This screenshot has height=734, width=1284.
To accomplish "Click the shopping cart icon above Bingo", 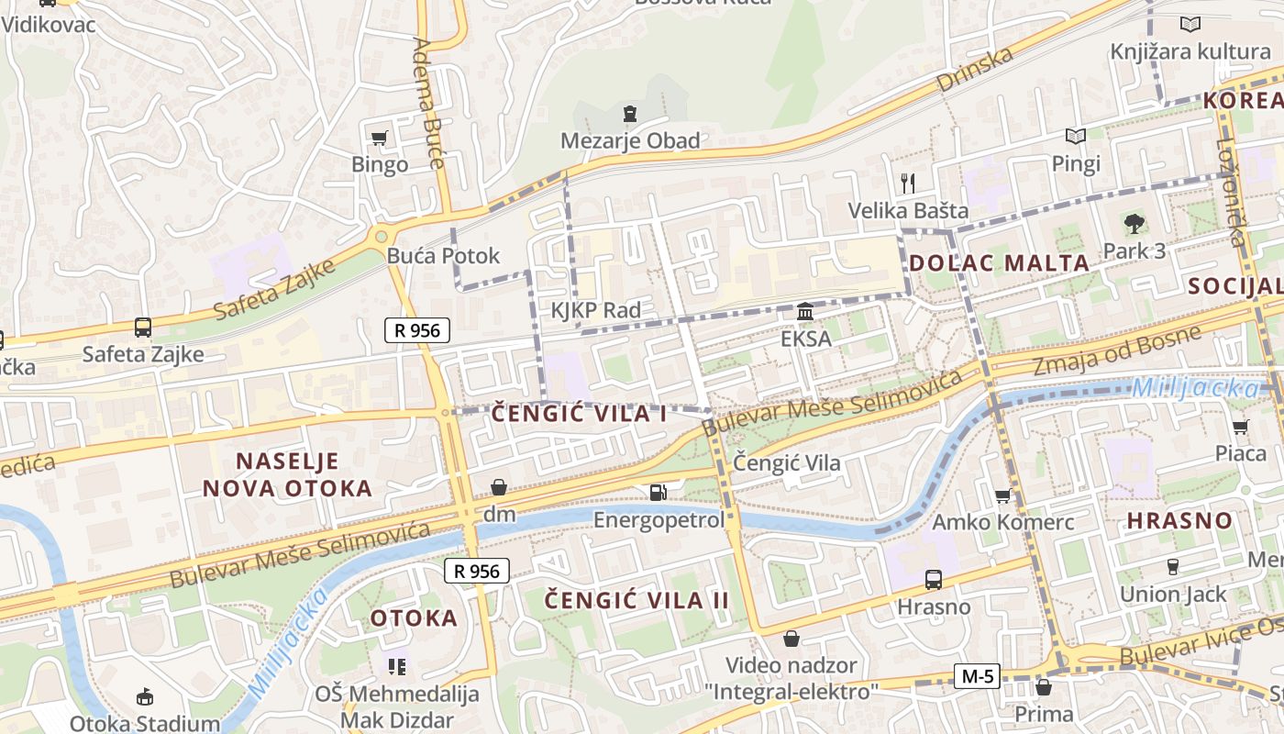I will click(379, 139).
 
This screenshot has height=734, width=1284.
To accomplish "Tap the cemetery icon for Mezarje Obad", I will click(629, 114).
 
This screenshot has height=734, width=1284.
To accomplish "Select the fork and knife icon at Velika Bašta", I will click(908, 183).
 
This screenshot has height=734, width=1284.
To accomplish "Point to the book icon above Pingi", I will click(1076, 137).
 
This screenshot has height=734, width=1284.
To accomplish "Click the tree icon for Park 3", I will click(1135, 222).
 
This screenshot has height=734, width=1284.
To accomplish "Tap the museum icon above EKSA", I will click(805, 312).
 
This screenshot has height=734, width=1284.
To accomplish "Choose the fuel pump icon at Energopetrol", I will click(658, 493).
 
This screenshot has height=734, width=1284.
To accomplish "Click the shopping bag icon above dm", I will click(499, 487).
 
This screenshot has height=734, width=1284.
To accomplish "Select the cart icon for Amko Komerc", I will click(1002, 496).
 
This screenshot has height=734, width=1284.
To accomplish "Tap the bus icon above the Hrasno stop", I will click(934, 580).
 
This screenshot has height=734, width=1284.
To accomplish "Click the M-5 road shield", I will click(977, 677).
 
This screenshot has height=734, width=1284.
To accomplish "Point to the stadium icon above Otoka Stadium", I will click(144, 697).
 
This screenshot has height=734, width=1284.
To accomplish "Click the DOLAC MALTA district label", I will click(999, 263).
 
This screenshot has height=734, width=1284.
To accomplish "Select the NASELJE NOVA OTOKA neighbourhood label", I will click(287, 474).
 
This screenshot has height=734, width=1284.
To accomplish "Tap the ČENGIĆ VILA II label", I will click(636, 600).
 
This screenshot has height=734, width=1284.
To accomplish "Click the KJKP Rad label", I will click(595, 310).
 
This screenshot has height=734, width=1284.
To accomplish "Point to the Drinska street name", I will click(975, 69).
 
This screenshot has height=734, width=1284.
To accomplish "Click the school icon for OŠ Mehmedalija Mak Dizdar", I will click(397, 666).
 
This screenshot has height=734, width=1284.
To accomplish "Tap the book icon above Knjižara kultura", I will click(1190, 25).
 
